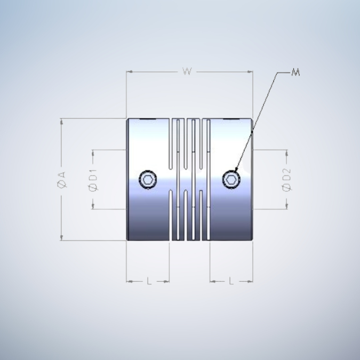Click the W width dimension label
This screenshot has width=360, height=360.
coord(187,71)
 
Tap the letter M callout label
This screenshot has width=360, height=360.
coord(296,72)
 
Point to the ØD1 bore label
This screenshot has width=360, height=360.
coord(93,179)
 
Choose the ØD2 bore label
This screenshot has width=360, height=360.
coord(286,179)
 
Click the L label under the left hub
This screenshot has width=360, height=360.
coord(149,281)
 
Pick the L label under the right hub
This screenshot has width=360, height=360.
coord(231,281)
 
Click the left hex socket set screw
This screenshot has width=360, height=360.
coord(147,179)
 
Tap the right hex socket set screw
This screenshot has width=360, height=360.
coord(231,179)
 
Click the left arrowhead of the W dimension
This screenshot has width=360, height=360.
coord(129,71)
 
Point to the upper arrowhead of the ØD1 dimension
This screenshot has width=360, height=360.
coord(93,153)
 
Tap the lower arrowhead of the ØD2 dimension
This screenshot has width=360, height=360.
coord(286,206)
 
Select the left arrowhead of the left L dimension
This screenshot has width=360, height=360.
coord(129,281)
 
